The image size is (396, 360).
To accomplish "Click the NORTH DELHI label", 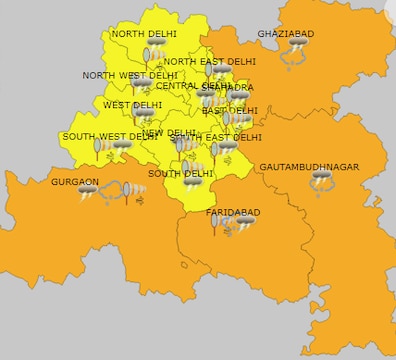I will (144, 34).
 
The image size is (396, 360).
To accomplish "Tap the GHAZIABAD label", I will (285, 34).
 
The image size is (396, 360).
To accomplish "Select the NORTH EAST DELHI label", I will (209, 62).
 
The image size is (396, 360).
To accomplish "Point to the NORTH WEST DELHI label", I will (129, 76).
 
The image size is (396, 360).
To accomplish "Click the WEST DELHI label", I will (132, 105).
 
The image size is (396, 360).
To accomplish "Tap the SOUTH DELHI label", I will (180, 174).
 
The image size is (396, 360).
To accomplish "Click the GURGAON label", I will (75, 182).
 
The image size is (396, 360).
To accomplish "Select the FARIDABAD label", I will (232, 213).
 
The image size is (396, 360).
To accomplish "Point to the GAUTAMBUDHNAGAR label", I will (309, 167).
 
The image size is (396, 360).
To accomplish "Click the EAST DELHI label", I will (229, 111).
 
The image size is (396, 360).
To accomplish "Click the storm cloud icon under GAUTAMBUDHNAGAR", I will (322, 184).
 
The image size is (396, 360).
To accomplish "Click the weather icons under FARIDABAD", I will (232, 226).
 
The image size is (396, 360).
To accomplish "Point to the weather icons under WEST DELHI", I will (142, 118).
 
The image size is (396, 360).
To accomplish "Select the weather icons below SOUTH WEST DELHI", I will (112, 149).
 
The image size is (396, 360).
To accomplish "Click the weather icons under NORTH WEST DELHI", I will (139, 89).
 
